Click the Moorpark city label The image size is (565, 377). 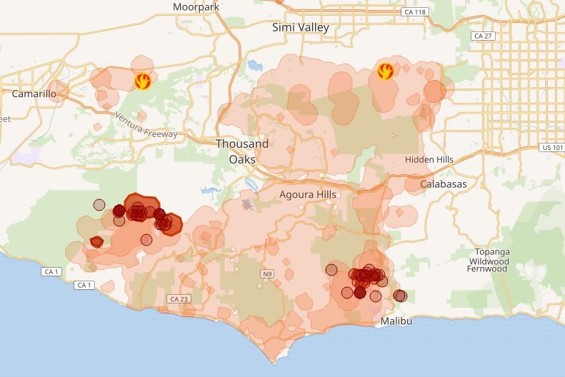point(196,7)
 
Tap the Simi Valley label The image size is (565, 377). point(301,27)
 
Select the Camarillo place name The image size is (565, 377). point(34,94)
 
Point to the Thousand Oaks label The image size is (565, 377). point(243,151)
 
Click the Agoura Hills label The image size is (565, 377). point(308,194)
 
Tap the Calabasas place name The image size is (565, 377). point(443,184)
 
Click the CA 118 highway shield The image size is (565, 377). point(414,12)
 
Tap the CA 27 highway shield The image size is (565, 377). point(483,36)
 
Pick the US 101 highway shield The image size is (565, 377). point(551,147)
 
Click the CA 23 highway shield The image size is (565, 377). point(179,298)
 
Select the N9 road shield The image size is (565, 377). point(267,273)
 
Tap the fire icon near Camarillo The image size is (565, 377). point(143,80)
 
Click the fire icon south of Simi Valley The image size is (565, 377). point(386,71)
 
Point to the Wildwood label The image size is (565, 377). point(488,261)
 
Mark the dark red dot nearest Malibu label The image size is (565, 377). point(400,296)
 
